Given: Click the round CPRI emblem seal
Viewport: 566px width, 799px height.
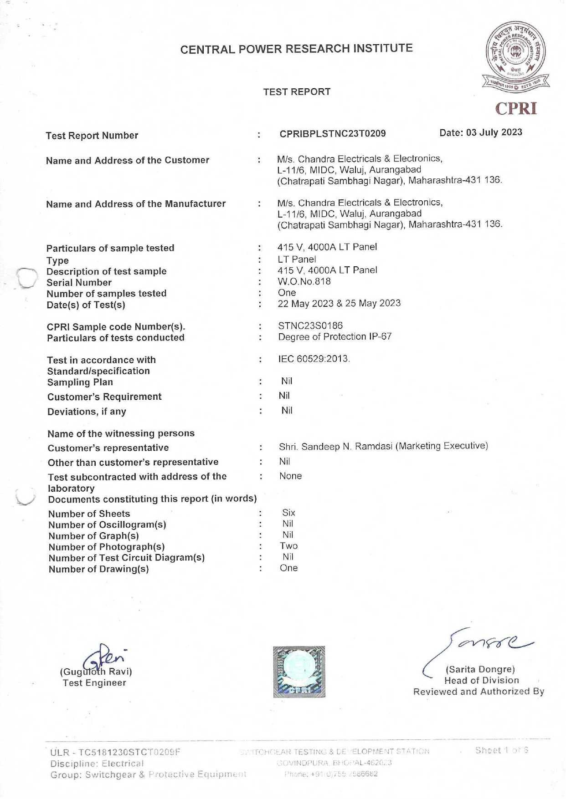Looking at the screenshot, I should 516,54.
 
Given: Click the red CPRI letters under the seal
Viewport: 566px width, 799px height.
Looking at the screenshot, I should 516,108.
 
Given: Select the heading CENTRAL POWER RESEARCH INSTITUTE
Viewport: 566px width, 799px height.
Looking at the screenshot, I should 296,49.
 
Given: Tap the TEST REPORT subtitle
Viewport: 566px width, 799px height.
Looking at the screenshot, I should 297,92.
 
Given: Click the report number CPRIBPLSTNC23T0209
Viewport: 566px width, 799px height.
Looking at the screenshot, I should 333,133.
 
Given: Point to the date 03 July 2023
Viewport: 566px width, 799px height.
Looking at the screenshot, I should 481,132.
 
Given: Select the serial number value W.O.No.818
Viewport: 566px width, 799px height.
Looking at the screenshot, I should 304,281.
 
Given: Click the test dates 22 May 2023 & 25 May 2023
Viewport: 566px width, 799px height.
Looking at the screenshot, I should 339,303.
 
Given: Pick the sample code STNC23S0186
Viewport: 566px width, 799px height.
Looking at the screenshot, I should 310,326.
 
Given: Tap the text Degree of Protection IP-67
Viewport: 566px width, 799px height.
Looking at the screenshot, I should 335,337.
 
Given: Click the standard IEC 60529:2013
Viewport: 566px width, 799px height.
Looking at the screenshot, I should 314,359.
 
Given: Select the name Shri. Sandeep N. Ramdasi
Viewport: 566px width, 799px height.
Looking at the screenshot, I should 335,447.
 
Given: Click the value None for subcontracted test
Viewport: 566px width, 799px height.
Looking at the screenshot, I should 291,476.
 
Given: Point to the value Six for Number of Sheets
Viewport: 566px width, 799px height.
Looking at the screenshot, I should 288,513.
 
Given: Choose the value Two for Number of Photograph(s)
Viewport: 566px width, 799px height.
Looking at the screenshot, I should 288,546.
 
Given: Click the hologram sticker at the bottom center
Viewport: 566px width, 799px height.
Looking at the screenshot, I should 299,672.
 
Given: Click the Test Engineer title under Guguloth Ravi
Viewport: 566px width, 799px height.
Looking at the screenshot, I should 94,683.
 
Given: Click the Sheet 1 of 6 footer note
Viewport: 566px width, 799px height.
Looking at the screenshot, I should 501,750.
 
